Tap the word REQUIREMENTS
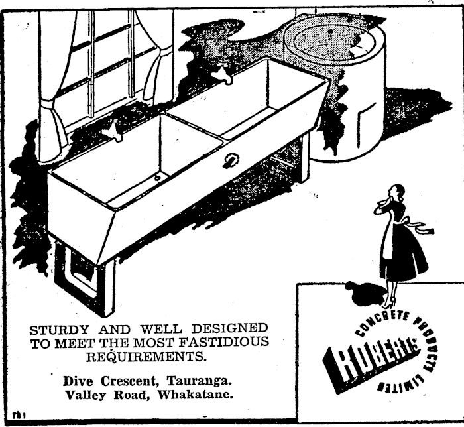pyautogui.click(x=146, y=357)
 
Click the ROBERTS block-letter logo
pyautogui.click(x=371, y=361)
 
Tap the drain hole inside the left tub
pyautogui.click(x=158, y=178)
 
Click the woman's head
pyautogui.click(x=396, y=192)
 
